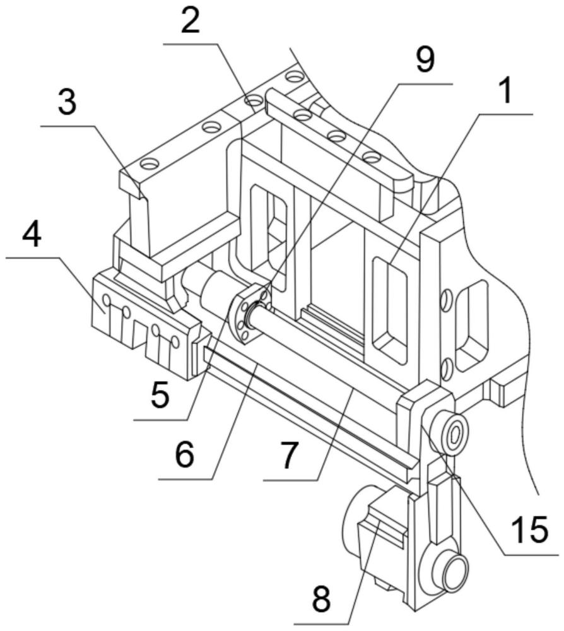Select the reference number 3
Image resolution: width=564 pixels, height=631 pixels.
[x=68, y=103]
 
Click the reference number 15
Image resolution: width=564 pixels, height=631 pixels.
[x=529, y=530]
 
